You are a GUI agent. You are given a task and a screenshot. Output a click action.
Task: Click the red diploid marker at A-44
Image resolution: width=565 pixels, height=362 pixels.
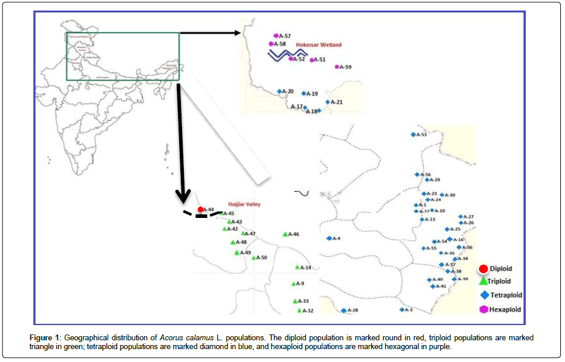click(200, 209)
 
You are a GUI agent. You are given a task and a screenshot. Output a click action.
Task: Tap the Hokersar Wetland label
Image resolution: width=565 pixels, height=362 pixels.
click(319, 45)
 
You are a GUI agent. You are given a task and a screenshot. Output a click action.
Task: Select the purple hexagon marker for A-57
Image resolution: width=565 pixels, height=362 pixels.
click(276, 36)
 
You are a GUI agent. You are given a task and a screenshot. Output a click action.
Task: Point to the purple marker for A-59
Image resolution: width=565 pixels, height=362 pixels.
click(337, 67)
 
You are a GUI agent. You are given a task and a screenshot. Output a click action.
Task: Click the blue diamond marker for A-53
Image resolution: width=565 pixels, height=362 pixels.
click(413, 135)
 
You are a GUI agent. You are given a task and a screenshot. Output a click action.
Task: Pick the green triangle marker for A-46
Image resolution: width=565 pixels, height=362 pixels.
click(285, 234)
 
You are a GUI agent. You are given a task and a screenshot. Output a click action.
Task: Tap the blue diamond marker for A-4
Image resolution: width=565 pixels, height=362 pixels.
click(329, 238)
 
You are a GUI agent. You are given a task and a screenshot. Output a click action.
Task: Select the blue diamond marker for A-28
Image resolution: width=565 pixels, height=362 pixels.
click(344, 310)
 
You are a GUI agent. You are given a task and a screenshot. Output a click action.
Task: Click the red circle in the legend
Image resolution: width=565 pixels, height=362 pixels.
click(484, 269)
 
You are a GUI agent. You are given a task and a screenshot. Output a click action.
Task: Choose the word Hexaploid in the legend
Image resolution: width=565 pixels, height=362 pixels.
click(505, 309)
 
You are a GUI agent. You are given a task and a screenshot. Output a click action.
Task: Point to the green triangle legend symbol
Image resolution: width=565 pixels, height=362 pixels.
click(484, 281)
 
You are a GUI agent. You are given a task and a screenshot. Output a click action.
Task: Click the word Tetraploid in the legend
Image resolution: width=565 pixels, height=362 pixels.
click(506, 295)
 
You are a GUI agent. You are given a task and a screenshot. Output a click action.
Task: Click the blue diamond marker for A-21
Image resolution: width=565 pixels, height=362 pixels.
click(327, 103)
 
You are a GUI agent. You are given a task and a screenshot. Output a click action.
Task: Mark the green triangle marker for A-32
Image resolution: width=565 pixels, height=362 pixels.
click(299, 310)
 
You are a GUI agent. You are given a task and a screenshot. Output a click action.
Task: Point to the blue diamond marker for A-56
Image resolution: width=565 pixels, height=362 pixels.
click(416, 175)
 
